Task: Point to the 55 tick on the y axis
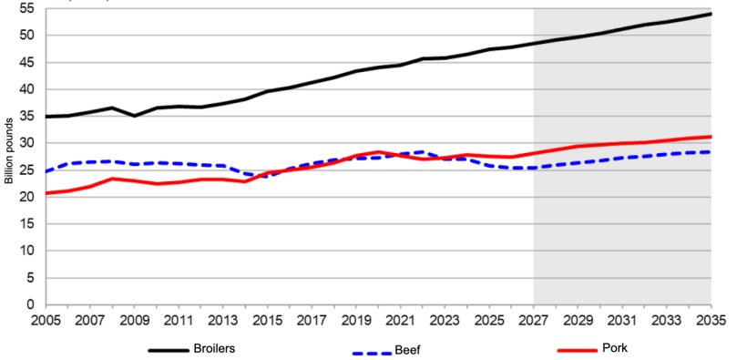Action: coord(26,8)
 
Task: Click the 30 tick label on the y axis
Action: coord(26,143)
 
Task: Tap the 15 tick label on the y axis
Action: coord(26,224)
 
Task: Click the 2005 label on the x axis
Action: coord(46,322)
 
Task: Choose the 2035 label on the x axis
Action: coord(711,322)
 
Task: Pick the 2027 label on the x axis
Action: coord(534,322)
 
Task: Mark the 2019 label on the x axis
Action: coord(356,322)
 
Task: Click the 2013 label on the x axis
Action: coord(223,322)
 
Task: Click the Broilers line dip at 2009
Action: coord(135,116)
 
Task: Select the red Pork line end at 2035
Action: coord(711,137)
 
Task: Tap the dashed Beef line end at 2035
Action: coord(711,152)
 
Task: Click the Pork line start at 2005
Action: coord(46,193)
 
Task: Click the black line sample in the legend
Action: coord(168,349)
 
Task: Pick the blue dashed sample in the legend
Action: coord(373,351)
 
